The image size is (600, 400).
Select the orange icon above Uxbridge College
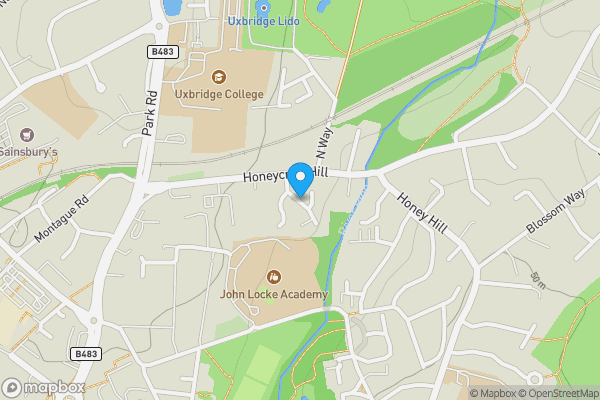pos(219,76)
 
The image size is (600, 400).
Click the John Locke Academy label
pos(274,295)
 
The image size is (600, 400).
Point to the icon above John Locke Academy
pos(274,277)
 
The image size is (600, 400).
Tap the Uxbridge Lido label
pos(264,21)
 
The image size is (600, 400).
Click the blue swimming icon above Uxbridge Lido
pos(265,5)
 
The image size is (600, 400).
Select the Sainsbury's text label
pos(29,152)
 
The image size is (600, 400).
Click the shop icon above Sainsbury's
pos(25,134)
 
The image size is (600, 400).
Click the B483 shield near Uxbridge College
pos(162,51)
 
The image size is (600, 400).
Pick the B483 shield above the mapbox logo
pos(86,354)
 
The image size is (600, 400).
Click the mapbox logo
pos(43,387)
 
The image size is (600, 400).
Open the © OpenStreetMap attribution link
pos(555,393)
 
